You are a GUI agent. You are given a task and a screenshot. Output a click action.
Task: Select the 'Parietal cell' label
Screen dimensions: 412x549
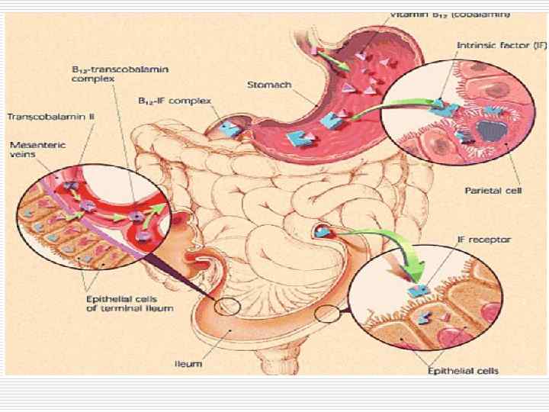493,191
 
